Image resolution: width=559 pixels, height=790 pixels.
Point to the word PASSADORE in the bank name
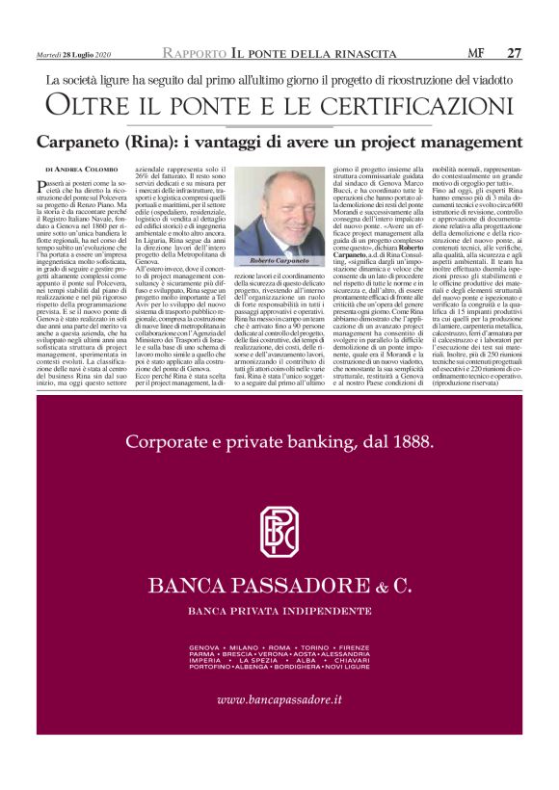pyautogui.click(x=299, y=586)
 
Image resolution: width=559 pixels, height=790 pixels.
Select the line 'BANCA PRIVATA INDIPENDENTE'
pyautogui.click(x=279, y=613)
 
